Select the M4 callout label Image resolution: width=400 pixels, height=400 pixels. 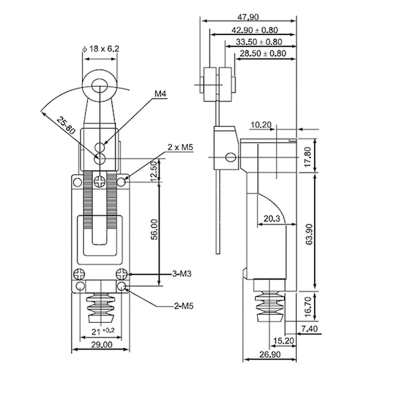pos(160,93)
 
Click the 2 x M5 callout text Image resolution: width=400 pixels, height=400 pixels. pos(180,147)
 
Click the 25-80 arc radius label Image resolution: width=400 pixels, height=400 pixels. pos(65,125)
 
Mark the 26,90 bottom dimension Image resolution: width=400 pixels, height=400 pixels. pos(268,354)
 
